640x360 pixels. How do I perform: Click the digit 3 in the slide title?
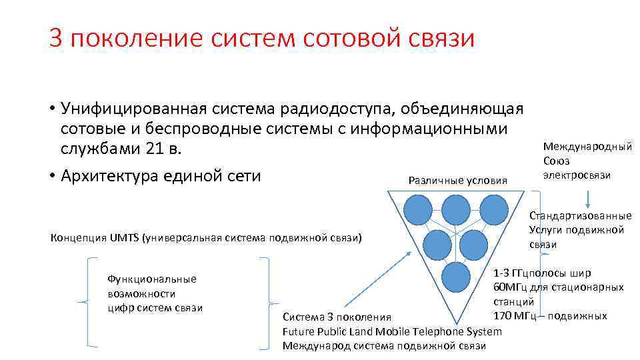[x=55, y=38]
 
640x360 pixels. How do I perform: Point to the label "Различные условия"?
[x=457, y=180]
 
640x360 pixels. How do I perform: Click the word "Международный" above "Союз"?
[x=587, y=147]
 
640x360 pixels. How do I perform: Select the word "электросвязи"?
[x=577, y=175]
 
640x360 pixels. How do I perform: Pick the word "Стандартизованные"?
[x=580, y=215]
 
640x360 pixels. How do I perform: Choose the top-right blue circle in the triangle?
[x=494, y=209]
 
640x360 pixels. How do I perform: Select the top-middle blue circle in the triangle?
[x=457, y=209]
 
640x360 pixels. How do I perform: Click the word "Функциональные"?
[x=151, y=279]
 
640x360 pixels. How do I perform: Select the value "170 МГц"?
[x=514, y=315]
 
